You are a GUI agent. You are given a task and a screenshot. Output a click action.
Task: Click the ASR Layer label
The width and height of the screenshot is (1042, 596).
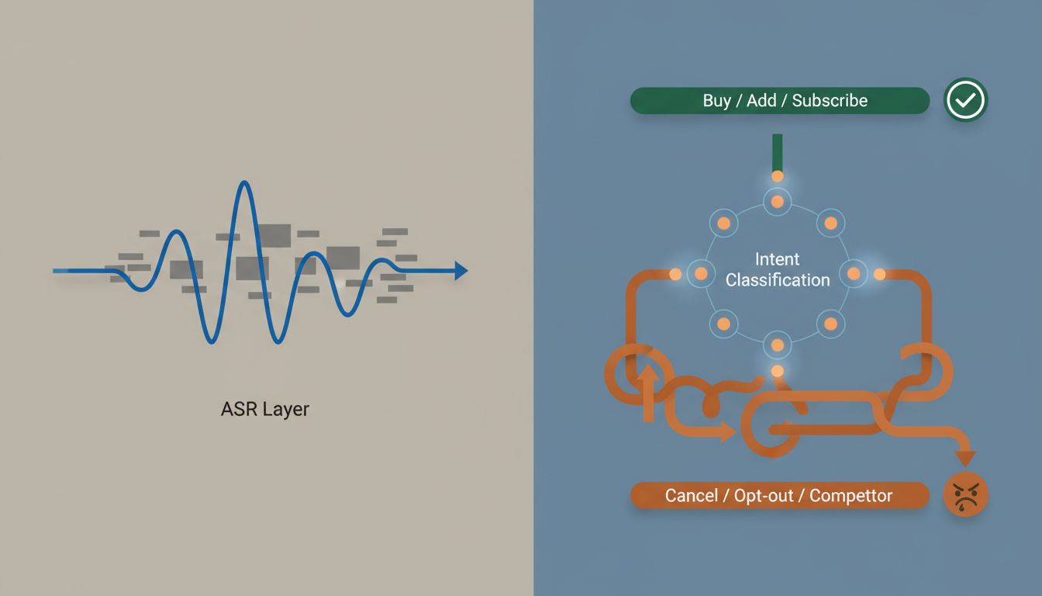click(x=264, y=409)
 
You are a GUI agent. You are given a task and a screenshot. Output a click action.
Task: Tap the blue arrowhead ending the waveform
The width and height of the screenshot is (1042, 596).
click(x=461, y=271)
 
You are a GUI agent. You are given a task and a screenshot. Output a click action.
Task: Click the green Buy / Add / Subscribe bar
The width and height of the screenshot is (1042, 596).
click(x=779, y=101)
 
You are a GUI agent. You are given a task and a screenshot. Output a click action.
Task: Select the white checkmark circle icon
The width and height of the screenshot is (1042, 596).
click(x=965, y=100)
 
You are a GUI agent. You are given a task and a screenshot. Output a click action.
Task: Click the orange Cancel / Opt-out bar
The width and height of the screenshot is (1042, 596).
click(x=779, y=495)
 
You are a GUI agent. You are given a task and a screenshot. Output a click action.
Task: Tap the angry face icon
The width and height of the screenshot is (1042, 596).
click(x=965, y=495)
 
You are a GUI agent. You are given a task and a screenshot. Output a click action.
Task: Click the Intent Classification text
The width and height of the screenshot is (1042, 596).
click(x=778, y=269)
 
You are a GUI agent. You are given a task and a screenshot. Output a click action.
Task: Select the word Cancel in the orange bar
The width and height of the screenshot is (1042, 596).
click(x=691, y=495)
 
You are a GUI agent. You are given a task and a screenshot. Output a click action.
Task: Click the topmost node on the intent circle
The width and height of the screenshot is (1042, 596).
click(x=778, y=203)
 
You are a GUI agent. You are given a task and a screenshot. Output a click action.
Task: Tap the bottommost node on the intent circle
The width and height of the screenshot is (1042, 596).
click(x=778, y=345)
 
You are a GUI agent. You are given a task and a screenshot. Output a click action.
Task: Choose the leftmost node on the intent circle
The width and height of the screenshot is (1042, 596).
click(x=701, y=273)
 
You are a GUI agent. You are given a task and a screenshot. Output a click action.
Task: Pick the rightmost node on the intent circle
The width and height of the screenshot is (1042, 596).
click(x=854, y=273)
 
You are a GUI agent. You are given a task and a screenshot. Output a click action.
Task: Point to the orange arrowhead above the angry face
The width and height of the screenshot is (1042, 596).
click(x=964, y=458)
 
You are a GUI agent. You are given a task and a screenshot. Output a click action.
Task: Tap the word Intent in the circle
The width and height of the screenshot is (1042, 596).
click(x=777, y=259)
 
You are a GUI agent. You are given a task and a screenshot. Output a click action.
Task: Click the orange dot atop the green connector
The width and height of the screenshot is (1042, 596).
click(x=778, y=176)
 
